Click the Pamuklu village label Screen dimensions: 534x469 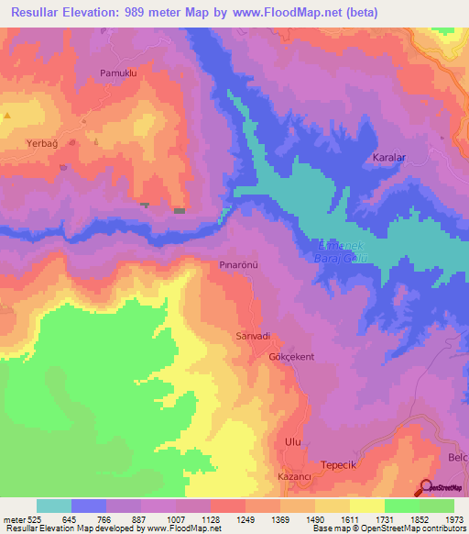click(117, 72)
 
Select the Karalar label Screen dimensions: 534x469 click(389, 158)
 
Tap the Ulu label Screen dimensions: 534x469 click(293, 441)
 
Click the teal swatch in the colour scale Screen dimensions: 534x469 click(53, 506)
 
